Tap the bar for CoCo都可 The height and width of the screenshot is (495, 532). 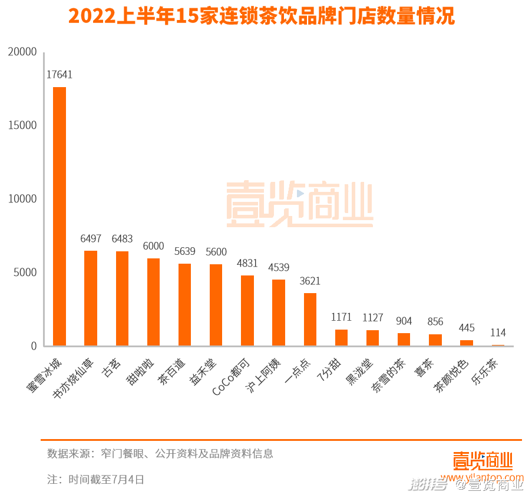[247, 310]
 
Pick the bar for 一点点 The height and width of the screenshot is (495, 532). [310, 319]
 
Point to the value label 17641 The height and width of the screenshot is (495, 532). [60, 75]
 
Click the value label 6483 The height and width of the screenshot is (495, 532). [122, 239]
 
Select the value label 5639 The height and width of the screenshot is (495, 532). [185, 251]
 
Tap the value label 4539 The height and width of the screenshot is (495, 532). [279, 268]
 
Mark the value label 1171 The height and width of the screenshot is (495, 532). [341, 317]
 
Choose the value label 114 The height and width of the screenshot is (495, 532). [498, 333]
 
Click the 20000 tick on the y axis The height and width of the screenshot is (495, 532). [22, 52]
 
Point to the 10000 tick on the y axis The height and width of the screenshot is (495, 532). [22, 199]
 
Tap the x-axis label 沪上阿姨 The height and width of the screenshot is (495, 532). [263, 376]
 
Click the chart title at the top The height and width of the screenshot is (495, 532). [262, 16]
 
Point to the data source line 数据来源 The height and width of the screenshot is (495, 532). [160, 454]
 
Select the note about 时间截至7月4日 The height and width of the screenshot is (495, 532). [96, 479]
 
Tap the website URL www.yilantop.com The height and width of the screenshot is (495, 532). [482, 477]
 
